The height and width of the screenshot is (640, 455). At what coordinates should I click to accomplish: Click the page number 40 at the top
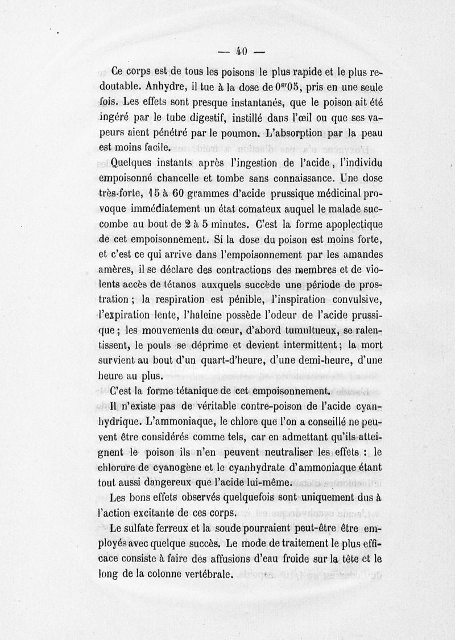point(239,52)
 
